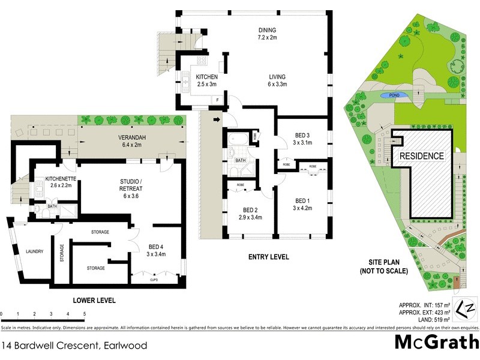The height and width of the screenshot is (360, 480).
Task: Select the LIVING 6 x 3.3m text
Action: (x=277, y=80)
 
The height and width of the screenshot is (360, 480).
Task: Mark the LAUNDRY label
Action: (x=34, y=251)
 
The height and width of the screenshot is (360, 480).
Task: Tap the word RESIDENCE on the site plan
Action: (x=422, y=156)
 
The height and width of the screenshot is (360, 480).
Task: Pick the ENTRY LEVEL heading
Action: (x=268, y=257)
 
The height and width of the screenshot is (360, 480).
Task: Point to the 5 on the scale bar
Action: (x=85, y=314)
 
